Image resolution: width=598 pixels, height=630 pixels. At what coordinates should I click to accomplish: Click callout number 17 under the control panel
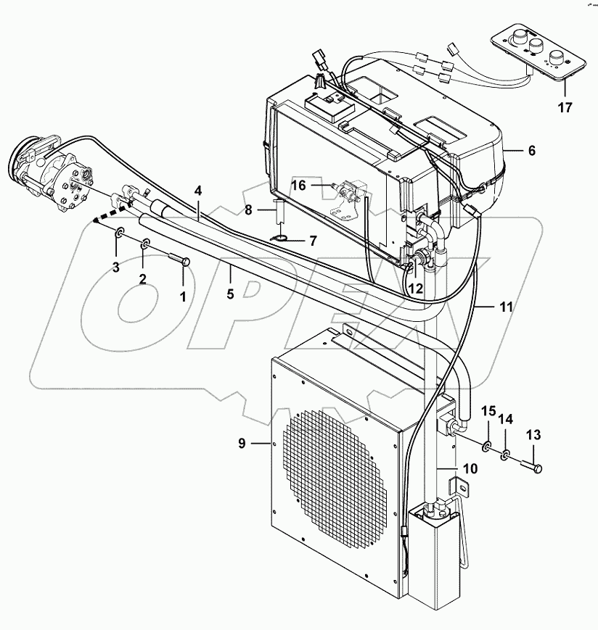[565, 109]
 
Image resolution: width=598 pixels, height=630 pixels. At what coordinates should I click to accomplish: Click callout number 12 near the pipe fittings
[416, 289]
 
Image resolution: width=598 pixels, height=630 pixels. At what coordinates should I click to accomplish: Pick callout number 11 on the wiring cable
[507, 307]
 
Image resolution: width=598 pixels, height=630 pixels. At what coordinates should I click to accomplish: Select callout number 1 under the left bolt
[183, 296]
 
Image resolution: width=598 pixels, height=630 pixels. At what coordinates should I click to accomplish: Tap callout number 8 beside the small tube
[247, 211]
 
